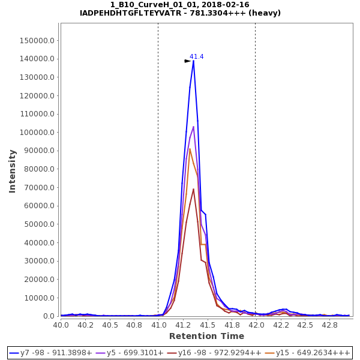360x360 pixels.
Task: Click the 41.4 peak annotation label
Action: tap(197, 56)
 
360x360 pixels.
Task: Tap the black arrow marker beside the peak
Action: tap(187, 61)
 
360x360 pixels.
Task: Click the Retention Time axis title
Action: tap(206, 336)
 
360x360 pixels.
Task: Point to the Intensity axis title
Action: tap(12, 171)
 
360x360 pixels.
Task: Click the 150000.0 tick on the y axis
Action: tap(38, 41)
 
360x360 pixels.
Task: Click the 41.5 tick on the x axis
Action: tap(207, 325)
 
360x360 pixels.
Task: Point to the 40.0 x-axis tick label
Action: tap(61, 325)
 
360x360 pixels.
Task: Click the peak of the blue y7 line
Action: tap(193, 60)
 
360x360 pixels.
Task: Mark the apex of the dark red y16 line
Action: tap(193, 189)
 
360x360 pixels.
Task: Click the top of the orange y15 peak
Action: tap(190, 149)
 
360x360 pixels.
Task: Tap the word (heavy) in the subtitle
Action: tap(265, 13)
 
